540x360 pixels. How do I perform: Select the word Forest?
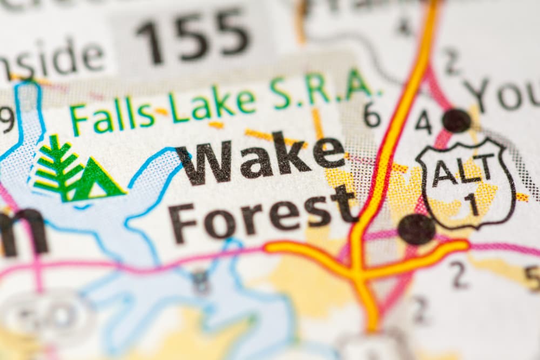pyautogui.click(x=262, y=214)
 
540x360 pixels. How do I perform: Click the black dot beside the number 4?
pyautogui.click(x=456, y=120)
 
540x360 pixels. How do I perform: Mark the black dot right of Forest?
pyautogui.click(x=416, y=229)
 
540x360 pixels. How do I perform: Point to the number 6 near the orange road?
pyautogui.click(x=372, y=114)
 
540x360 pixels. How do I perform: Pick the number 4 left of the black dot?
pyautogui.click(x=423, y=122)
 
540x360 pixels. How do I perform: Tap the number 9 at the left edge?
pyautogui.click(x=6, y=119)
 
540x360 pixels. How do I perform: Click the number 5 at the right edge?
pyautogui.click(x=532, y=279)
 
